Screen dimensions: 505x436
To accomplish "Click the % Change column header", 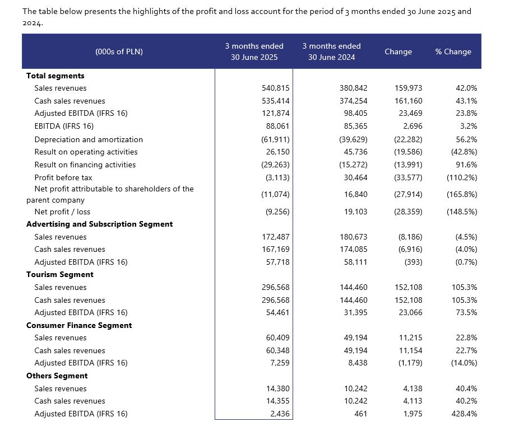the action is click(453, 51).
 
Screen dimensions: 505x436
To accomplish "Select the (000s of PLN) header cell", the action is click(119, 51).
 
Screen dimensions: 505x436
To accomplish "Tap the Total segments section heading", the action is click(55, 76).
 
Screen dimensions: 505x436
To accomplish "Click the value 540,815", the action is click(275, 88).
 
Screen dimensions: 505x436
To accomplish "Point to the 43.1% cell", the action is click(466, 101).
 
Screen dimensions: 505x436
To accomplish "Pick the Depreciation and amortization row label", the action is click(89, 139).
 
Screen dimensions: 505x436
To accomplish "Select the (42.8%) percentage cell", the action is click(464, 152).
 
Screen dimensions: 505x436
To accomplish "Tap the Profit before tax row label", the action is click(63, 177).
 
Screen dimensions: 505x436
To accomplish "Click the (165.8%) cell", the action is click(462, 194).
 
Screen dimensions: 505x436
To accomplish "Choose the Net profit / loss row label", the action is click(62, 212).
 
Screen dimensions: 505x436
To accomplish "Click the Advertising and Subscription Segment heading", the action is click(100, 224).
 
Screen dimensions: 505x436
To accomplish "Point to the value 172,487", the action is click(275, 237).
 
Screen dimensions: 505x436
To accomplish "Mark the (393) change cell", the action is click(413, 262).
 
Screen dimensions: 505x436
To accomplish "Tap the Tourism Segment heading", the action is click(60, 275).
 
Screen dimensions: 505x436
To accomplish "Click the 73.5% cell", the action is click(466, 312).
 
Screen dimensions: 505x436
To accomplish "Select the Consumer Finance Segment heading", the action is click(79, 325).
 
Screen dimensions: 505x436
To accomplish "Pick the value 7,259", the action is click(280, 363).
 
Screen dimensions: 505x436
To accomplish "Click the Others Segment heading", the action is click(57, 376).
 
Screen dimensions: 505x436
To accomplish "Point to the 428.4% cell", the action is click(464, 414).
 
